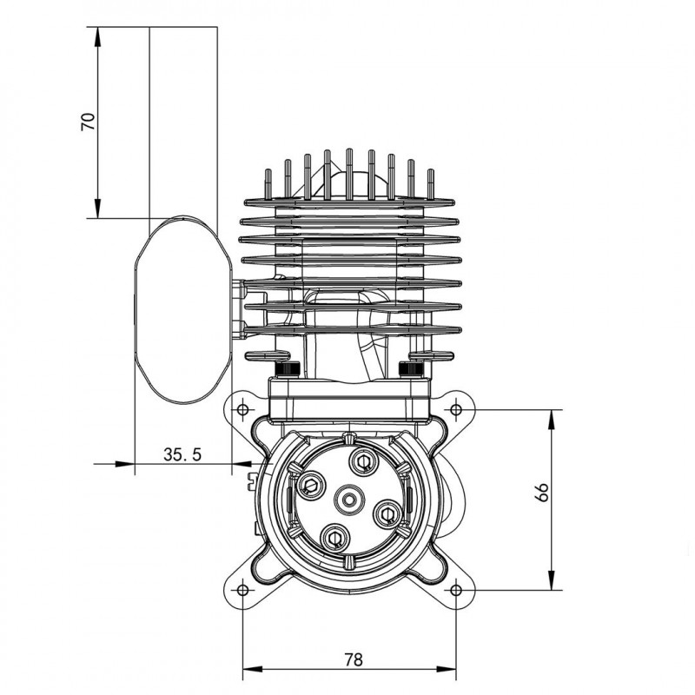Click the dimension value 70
[x=89, y=122]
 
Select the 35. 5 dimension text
[x=182, y=454]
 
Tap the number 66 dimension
[x=541, y=492]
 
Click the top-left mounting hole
[x=242, y=409]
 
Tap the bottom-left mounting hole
[x=242, y=591]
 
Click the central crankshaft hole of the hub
[x=349, y=500]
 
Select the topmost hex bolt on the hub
[x=363, y=461]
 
